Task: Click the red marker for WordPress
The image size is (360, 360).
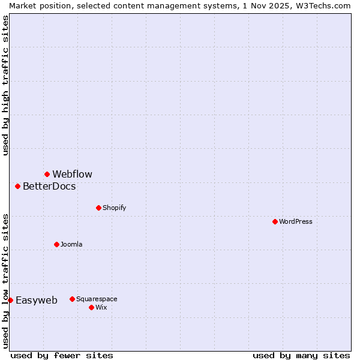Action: pos(275,221)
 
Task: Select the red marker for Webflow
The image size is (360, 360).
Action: pos(47,174)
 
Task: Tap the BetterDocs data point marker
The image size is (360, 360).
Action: pos(17,186)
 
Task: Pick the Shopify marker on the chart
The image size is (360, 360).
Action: pos(98,208)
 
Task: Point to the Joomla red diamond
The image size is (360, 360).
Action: pos(56,244)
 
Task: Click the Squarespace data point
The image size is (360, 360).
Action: pos(72,299)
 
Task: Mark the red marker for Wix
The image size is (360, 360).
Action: pos(91,307)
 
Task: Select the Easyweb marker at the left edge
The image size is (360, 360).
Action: pos(10,300)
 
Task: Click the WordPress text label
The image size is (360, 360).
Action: pos(296,221)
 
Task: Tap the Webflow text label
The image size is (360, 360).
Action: pos(72,174)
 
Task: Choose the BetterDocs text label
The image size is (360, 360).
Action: pos(49,186)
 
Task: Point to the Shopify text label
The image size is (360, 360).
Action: pos(114,208)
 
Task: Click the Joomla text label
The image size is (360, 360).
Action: pos(71,244)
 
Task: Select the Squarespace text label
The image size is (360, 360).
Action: pos(97,299)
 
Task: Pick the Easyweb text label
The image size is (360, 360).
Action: pos(37,300)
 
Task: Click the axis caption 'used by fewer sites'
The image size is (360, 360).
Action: pos(62,355)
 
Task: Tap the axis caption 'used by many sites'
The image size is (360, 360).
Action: pos(301,355)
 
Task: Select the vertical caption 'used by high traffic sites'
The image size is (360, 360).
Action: pos(5,86)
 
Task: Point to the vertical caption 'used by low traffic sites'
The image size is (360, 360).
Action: pos(5,281)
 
